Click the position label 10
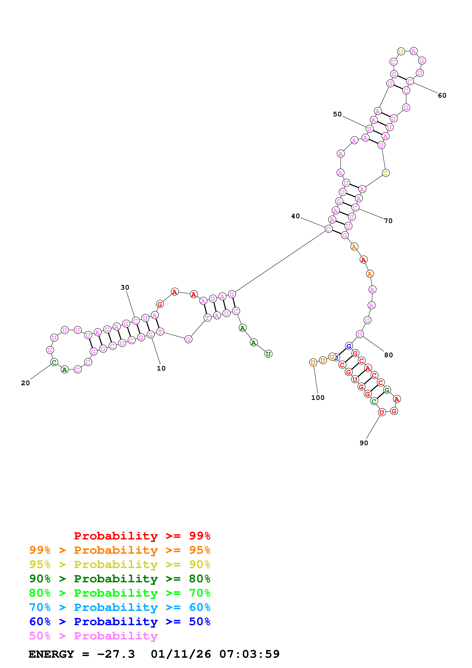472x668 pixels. (x=161, y=368)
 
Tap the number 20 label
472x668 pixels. (x=25, y=383)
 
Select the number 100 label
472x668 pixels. (x=318, y=398)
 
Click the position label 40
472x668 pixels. (x=295, y=216)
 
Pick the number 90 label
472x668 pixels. (x=364, y=443)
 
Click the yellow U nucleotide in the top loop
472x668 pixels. (x=401, y=51)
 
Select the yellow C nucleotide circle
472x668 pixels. (x=386, y=173)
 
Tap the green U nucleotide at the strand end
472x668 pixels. (x=268, y=354)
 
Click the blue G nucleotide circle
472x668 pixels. (x=349, y=346)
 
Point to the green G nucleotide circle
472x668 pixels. (x=387, y=390)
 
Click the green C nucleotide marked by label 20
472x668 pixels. (x=54, y=362)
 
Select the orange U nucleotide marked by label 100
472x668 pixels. (x=313, y=363)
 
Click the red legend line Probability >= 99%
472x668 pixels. (x=142, y=536)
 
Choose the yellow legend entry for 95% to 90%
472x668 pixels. (x=120, y=564)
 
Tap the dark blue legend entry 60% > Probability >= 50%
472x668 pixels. (x=120, y=622)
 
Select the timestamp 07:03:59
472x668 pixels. (x=250, y=654)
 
